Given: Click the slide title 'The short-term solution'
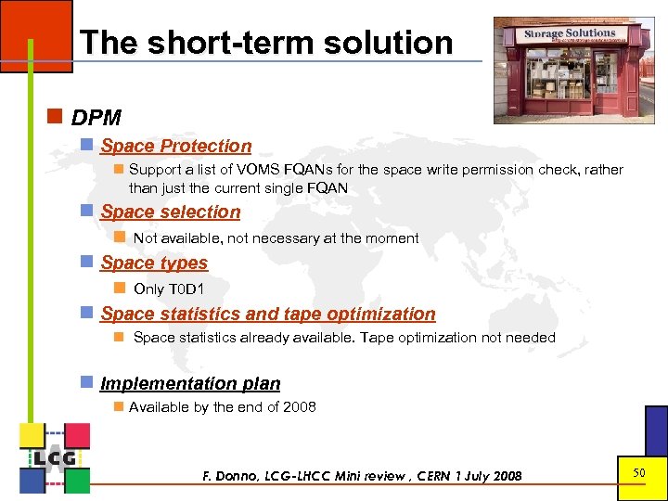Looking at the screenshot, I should [266, 43].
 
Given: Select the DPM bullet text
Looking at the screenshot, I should [96, 118].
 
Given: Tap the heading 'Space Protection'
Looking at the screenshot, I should [176, 146].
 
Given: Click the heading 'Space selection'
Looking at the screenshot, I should [171, 212].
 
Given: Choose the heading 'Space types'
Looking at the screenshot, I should [154, 263].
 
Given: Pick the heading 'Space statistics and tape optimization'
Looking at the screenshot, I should [268, 314].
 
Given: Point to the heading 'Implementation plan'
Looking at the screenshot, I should [190, 383].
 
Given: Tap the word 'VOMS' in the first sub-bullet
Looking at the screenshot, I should [254, 170].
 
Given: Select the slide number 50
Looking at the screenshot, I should [639, 473].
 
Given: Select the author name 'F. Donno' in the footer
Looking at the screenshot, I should [233, 476].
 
